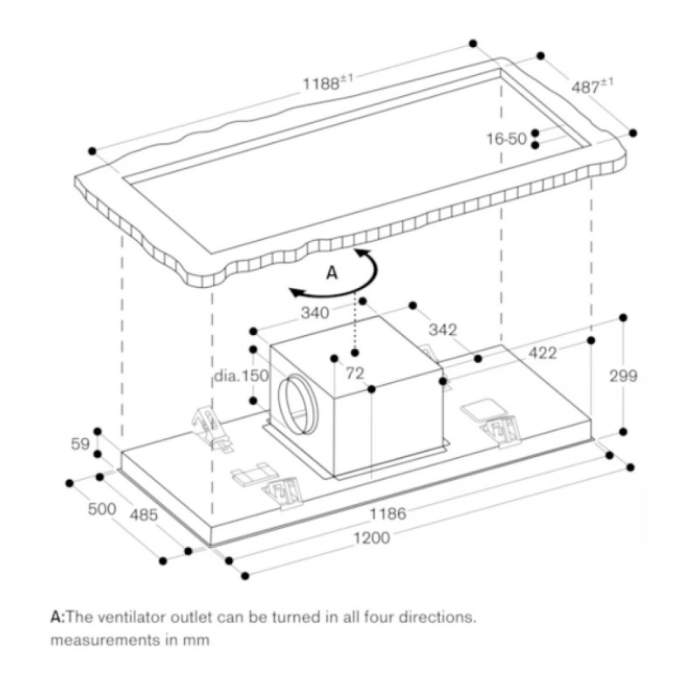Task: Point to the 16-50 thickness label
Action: (x=507, y=139)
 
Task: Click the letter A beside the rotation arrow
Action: (x=332, y=273)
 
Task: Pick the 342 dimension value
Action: (x=442, y=330)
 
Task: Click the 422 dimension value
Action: (x=542, y=353)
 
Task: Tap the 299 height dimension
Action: (x=623, y=376)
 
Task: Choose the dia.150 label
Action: (x=241, y=376)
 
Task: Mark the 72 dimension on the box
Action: (x=354, y=373)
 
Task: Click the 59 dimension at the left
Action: (x=80, y=444)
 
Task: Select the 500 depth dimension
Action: (x=101, y=510)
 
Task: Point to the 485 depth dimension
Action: (x=144, y=515)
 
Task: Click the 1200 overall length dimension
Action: (x=373, y=538)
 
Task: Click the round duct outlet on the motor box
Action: (x=297, y=404)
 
